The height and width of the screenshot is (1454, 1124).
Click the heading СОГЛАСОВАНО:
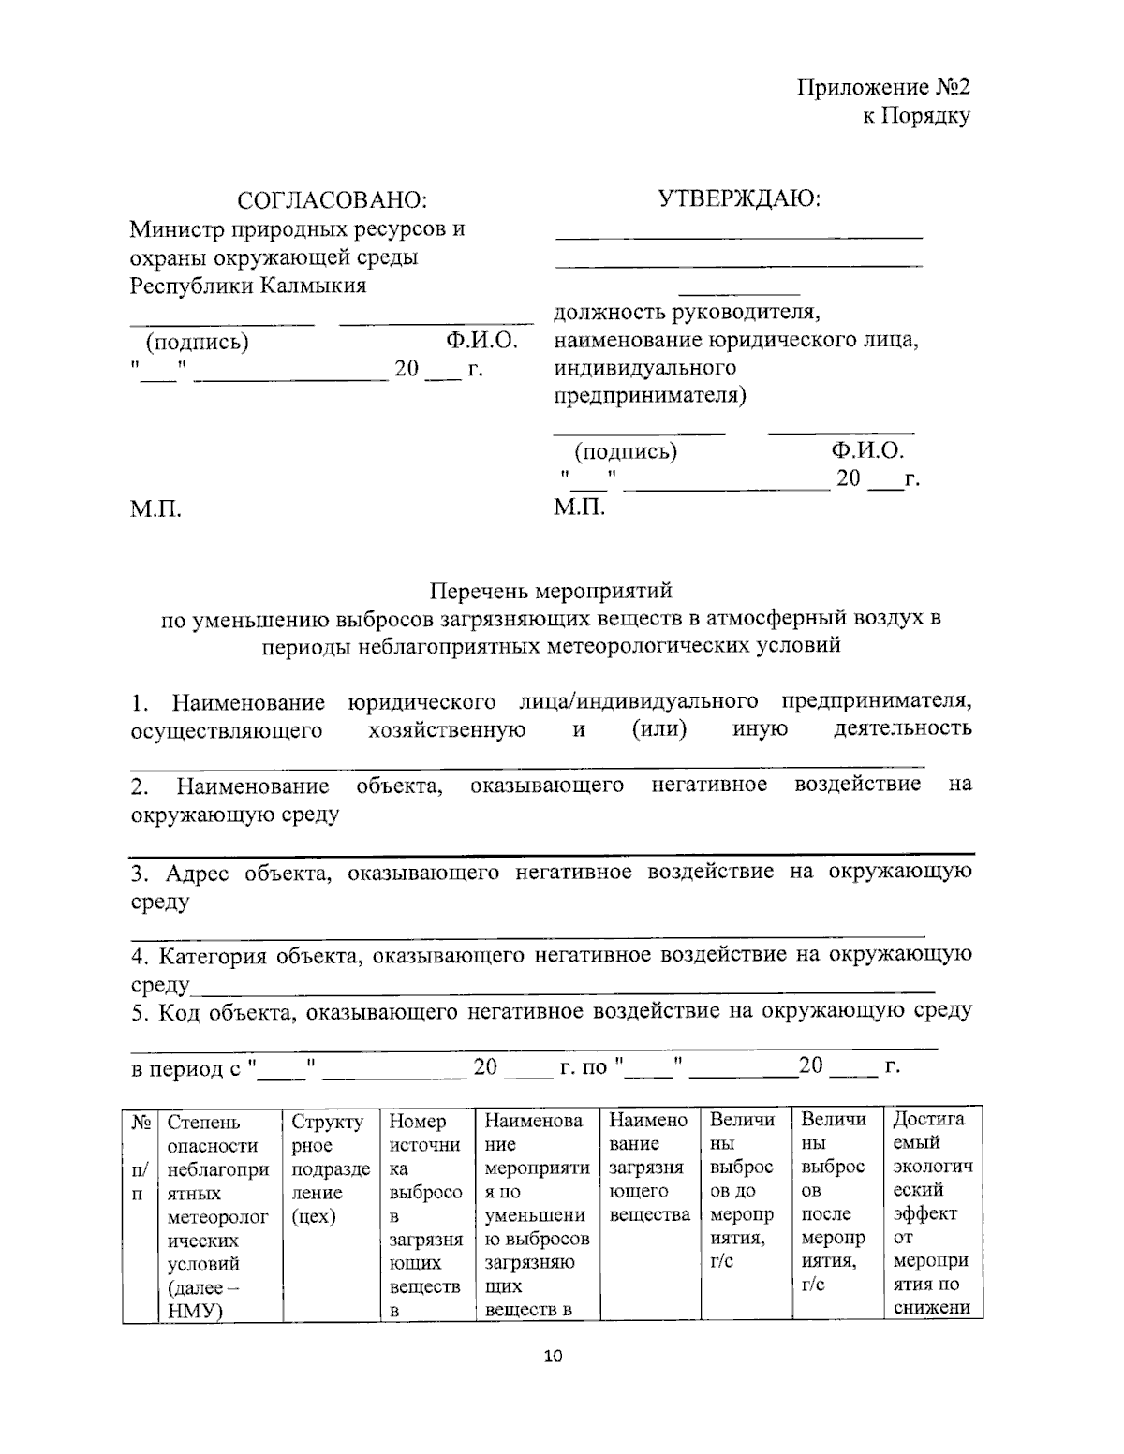[x=332, y=200]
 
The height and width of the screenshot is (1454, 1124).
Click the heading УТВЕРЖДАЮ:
[x=738, y=198]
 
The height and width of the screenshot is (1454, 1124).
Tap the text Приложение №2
[x=882, y=88]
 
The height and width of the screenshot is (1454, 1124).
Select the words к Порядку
[x=915, y=116]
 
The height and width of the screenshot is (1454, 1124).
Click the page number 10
[x=553, y=1357]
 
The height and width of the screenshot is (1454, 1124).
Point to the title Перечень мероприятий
[x=551, y=592]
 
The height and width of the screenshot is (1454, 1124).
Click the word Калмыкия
[x=312, y=286]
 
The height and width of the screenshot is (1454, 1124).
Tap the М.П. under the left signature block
[x=155, y=509]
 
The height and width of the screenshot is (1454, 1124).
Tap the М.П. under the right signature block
[x=579, y=507]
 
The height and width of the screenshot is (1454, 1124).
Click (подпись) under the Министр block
[x=197, y=342]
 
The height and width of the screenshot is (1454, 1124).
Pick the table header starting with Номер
[x=417, y=1121]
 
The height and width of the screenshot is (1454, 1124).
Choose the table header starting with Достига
[x=928, y=1119]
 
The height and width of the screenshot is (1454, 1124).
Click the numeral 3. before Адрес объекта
[x=140, y=874]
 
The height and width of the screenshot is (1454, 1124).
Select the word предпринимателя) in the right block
[x=649, y=396]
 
